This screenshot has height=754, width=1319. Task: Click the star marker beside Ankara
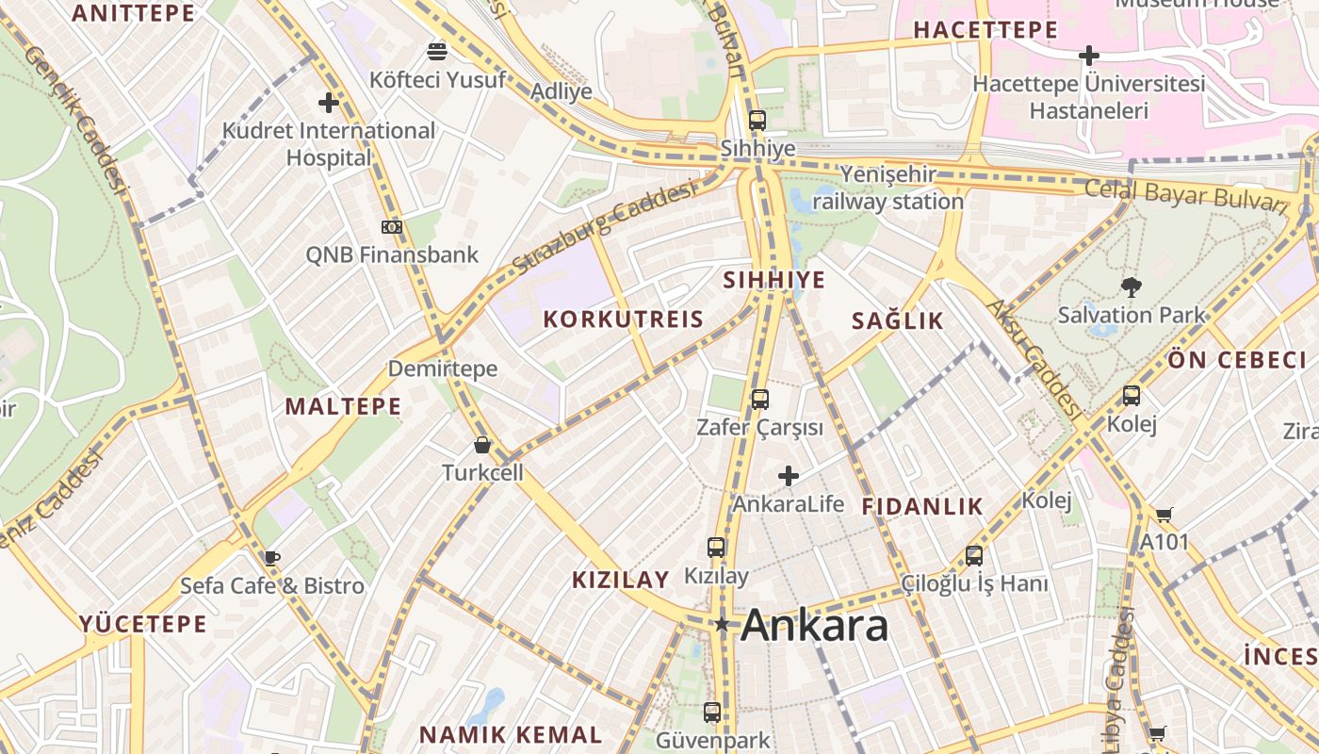tap(722, 624)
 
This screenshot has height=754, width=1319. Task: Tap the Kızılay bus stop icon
tap(716, 547)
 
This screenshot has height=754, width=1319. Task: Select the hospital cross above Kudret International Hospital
tap(329, 102)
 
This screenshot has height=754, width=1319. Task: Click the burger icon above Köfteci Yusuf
tap(437, 51)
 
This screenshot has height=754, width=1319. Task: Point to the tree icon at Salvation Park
tap(1131, 287)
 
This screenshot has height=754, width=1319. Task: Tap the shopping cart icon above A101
tap(1164, 515)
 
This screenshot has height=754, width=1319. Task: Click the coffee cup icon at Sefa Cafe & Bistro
tap(272, 557)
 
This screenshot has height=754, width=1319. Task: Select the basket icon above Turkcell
tap(482, 445)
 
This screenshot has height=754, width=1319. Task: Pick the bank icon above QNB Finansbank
tap(392, 227)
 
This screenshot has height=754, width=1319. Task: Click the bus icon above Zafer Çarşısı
tap(759, 399)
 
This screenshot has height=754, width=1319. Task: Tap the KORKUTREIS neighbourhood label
tap(624, 319)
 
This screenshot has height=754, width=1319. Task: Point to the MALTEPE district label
tap(343, 406)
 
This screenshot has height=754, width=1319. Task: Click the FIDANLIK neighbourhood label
tap(922, 506)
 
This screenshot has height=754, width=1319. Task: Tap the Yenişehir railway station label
tap(887, 188)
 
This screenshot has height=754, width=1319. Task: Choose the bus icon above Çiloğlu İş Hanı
tap(974, 556)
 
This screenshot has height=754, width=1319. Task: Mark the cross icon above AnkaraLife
tap(789, 476)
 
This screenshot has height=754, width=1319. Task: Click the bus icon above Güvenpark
tap(712, 713)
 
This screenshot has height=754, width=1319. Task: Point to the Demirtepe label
tap(443, 368)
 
